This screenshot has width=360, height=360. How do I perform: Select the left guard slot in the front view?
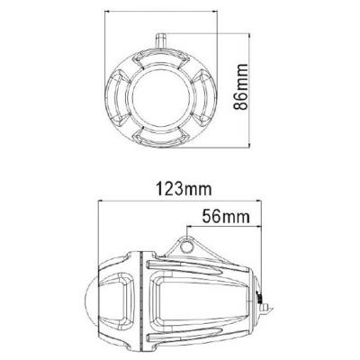(x=122, y=93)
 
